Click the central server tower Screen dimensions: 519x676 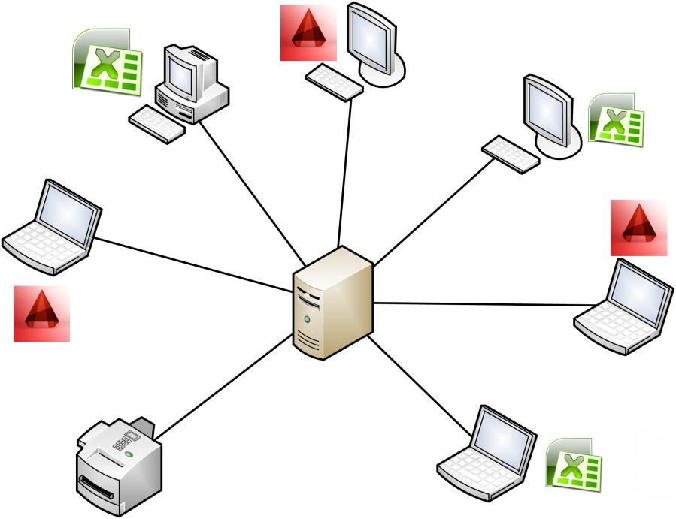333,304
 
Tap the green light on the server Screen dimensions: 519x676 307,320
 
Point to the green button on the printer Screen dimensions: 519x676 130,454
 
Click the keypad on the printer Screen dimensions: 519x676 123,442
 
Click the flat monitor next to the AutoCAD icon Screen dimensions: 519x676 374,41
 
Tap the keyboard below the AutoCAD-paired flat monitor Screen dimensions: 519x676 335,80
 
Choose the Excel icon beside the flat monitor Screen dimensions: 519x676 616,118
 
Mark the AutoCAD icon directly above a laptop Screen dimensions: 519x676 638,228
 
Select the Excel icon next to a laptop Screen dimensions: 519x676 574,466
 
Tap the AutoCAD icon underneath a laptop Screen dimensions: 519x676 42,314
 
